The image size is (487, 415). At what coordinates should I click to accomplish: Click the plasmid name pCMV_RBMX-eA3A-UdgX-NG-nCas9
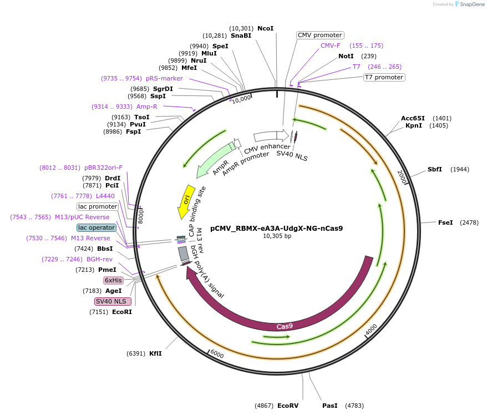pos(276,228)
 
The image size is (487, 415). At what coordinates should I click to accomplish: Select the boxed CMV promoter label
pos(320,35)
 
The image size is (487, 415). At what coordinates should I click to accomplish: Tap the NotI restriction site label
pos(346,56)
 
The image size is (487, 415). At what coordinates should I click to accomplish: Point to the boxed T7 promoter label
pos(384,77)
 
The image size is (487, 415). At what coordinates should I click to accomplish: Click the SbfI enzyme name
pos(435,169)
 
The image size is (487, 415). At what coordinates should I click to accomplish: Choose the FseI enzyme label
pos(445,222)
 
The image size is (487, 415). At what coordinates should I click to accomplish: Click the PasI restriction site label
pos(329,406)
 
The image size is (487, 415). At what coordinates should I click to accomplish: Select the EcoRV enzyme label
pos(287,406)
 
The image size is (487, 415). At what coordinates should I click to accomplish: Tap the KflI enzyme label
pos(155,353)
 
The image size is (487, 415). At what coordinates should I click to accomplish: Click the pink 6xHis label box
pos(113,280)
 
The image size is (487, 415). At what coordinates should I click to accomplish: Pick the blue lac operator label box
pos(96,227)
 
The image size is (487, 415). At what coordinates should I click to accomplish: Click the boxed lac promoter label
pos(97,206)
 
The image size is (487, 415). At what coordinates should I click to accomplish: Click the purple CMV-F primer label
pos(331,45)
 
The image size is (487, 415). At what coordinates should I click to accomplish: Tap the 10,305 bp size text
pos(276,236)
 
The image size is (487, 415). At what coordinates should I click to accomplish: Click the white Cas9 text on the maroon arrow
pos(285,326)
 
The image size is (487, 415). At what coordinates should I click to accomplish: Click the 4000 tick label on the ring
pos(371,329)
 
